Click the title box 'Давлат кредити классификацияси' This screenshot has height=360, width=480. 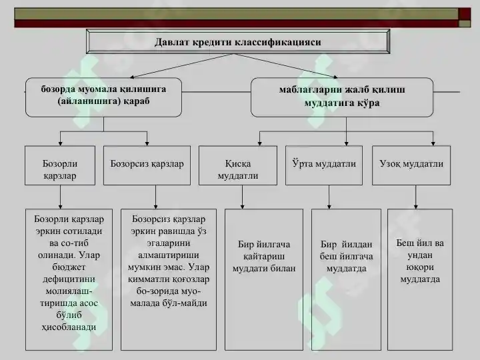pyautogui.click(x=238, y=41)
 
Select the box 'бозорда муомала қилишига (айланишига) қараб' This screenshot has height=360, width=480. pyautogui.click(x=103, y=97)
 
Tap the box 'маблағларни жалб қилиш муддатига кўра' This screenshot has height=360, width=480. pyautogui.click(x=342, y=97)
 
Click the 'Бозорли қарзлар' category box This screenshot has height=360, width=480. pyautogui.click(x=60, y=165)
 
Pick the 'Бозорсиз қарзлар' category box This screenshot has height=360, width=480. pyautogui.click(x=147, y=165)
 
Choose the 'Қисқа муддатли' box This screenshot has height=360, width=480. pyautogui.click(x=238, y=165)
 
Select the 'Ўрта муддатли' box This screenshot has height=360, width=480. pyautogui.click(x=324, y=165)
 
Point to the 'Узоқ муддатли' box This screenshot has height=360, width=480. pyautogui.click(x=411, y=165)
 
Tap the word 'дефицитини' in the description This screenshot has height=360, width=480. pyautogui.click(x=69, y=279)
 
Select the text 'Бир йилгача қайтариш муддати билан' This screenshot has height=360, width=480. pyautogui.click(x=264, y=257)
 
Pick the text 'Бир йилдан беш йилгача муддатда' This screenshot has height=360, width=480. pyautogui.click(x=346, y=257)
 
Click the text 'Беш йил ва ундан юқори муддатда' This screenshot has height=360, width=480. pyautogui.click(x=420, y=261)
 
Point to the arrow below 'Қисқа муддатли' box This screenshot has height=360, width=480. pyautogui.click(x=243, y=197)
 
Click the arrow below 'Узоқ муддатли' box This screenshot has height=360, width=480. pyautogui.click(x=416, y=197)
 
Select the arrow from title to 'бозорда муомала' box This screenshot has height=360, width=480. pyautogui.click(x=181, y=66)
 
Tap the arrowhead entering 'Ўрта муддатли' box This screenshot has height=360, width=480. pyautogui.click(x=346, y=143)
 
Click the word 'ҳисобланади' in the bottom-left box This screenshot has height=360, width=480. pyautogui.click(x=69, y=327)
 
